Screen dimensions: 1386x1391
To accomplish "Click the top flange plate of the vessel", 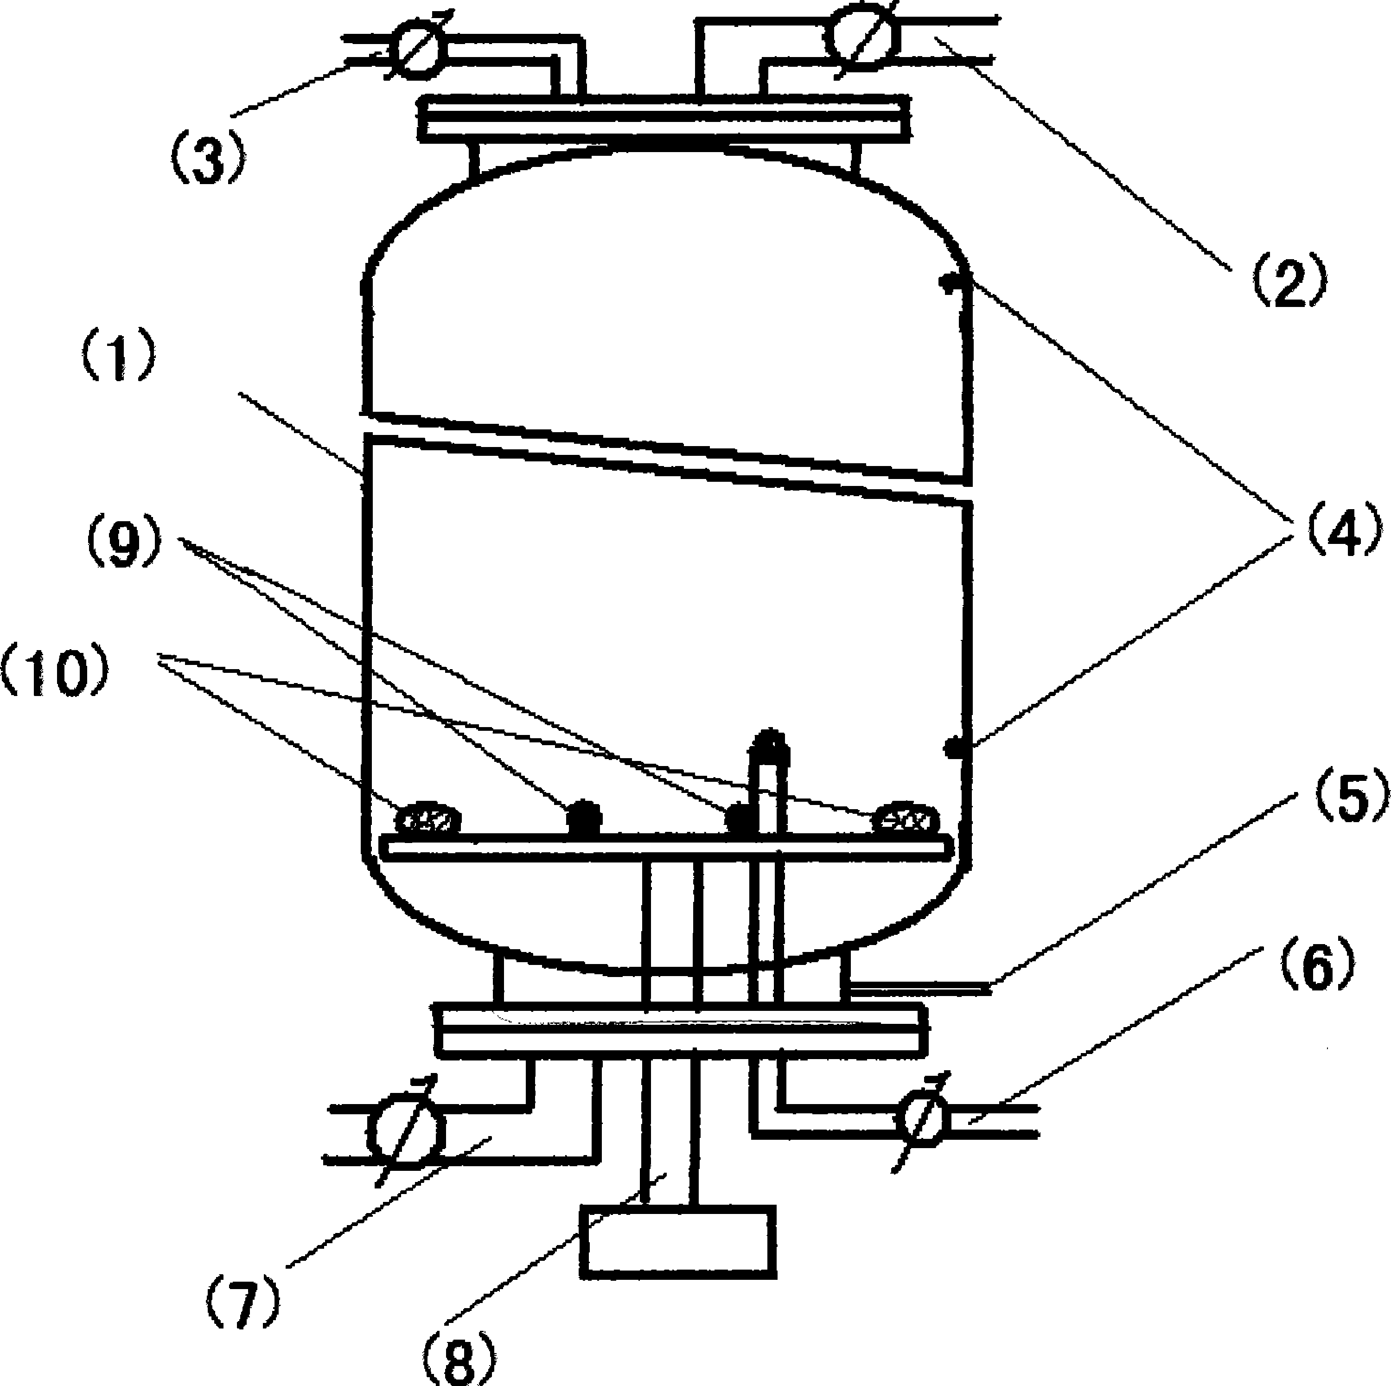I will click(x=663, y=119).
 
